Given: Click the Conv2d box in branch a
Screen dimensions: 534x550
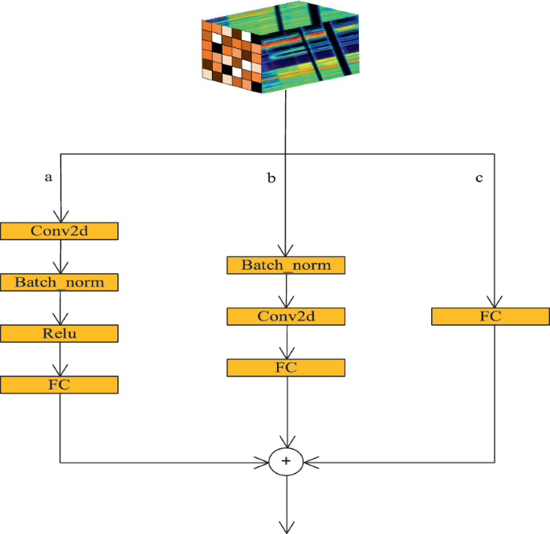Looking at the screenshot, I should coord(59,230).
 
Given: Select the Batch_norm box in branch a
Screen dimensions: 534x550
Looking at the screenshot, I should coord(59,282).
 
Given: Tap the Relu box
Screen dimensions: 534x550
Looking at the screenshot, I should coord(59,333).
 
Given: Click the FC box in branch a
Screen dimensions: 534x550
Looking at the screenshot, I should coord(59,385).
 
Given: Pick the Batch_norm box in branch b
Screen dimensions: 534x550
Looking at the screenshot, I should coord(286,264).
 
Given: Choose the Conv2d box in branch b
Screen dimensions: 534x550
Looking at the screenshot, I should coord(286,316).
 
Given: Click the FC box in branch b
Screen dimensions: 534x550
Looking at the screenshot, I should coord(286,368).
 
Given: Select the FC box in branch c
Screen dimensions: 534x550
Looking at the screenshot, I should coord(491,316).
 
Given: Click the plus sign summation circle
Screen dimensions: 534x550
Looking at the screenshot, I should coord(286,462).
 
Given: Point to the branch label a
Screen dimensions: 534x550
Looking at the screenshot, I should coord(48,177).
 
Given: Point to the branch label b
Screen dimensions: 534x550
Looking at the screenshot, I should coord(271,178).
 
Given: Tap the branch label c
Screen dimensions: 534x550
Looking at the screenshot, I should coord(479,177).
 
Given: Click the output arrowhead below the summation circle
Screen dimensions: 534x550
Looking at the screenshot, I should coord(286,526).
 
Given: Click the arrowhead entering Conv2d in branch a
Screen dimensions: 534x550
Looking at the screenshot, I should coord(60,215).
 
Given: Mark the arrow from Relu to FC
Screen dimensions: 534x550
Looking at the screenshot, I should coord(60,359).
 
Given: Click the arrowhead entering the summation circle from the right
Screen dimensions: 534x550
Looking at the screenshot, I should coord(311,462).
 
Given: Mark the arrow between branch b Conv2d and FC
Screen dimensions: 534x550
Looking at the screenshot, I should coord(286,342).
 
